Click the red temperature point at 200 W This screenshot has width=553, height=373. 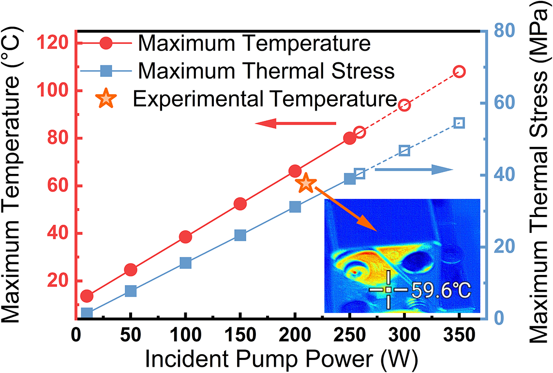pyautogui.click(x=295, y=171)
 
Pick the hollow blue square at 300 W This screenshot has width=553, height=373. pyautogui.click(x=404, y=151)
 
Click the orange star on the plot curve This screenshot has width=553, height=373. pyautogui.click(x=306, y=184)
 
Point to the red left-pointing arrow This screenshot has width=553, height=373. pyautogui.click(x=295, y=125)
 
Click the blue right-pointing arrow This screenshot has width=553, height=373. pyautogui.click(x=414, y=170)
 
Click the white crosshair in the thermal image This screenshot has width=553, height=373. pyautogui.click(x=389, y=289)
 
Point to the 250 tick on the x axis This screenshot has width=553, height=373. pyautogui.click(x=349, y=335)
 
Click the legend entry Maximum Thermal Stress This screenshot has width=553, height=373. pyautogui.click(x=266, y=72)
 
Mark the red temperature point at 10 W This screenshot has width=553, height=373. pyautogui.click(x=87, y=296)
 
